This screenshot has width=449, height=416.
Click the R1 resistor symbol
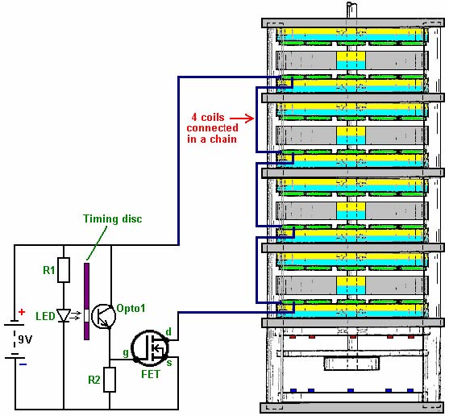click(x=64, y=270)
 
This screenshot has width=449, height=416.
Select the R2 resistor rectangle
click(x=110, y=380)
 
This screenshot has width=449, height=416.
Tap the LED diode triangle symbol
click(x=64, y=315)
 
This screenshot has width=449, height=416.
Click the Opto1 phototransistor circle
click(x=104, y=316)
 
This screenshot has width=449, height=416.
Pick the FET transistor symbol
click(x=150, y=347)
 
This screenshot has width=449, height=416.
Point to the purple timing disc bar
click(x=86, y=302)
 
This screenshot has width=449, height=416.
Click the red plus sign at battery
click(x=22, y=312)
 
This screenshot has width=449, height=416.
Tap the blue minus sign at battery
click(x=23, y=364)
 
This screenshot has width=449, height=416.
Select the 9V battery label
click(x=25, y=339)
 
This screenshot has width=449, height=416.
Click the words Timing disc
click(x=113, y=218)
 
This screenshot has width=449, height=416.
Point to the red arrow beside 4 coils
click(x=242, y=118)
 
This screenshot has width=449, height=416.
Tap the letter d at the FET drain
click(x=168, y=332)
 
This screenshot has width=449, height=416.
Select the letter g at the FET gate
click(x=126, y=353)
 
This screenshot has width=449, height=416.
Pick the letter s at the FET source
click(x=169, y=363)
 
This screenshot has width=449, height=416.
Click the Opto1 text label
click(x=131, y=308)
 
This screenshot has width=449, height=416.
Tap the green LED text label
click(x=45, y=316)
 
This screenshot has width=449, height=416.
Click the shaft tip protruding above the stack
click(x=351, y=4)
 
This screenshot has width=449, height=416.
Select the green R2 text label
click(x=94, y=380)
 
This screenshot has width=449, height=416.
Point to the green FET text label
click(x=151, y=374)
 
